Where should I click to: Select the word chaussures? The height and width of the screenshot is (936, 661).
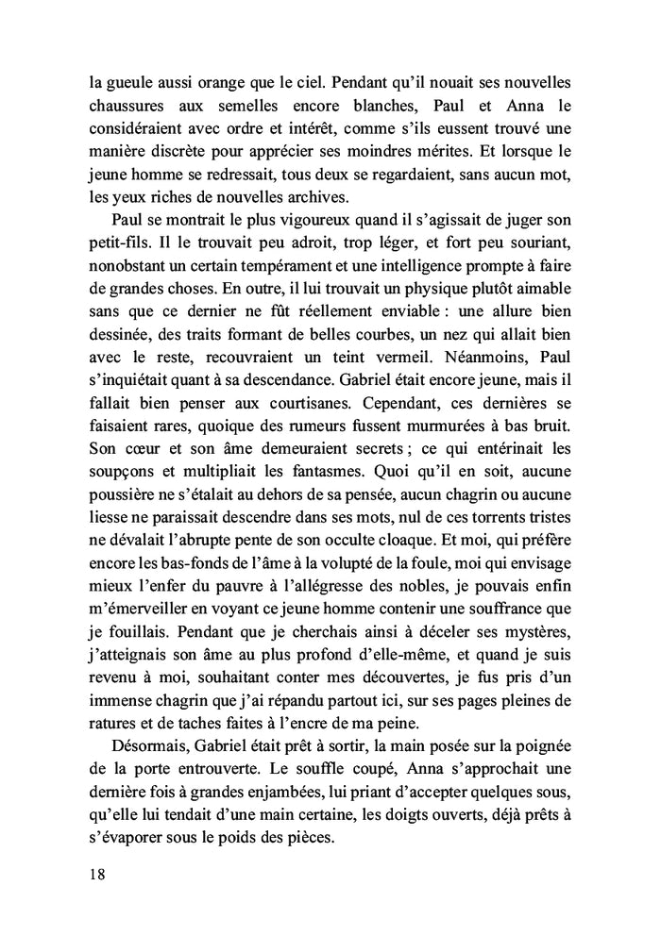point(131,107)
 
